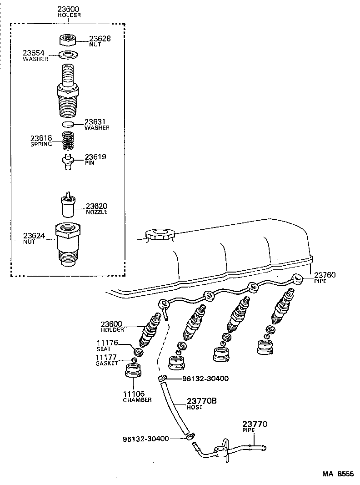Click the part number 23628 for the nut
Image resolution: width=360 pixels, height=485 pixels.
tap(100, 39)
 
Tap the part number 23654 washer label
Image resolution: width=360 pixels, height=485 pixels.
tap(35, 53)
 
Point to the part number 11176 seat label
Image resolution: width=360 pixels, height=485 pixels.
tap(106, 343)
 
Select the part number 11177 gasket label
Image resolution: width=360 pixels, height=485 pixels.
tap(106, 357)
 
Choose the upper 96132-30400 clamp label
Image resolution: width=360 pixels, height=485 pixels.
tap(205, 378)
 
